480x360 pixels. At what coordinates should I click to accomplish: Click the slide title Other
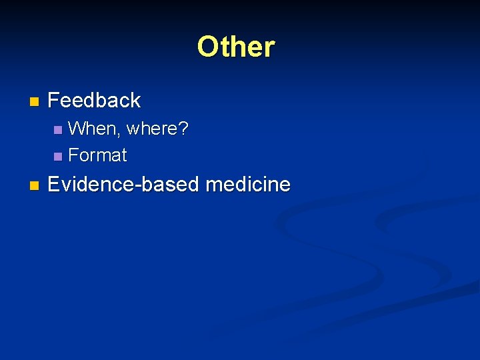236,47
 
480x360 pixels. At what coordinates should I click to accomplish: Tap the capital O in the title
207,47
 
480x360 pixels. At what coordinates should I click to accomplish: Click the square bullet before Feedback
34,102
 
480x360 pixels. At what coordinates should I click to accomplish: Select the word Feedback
94,101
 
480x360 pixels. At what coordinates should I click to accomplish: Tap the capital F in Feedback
54,101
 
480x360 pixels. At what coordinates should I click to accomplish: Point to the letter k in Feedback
134,101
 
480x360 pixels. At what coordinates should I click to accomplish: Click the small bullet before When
58,129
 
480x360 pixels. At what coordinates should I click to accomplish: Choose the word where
152,128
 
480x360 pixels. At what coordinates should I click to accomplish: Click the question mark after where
183,128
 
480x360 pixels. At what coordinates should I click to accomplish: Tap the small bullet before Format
58,157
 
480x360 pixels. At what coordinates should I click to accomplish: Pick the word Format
97,155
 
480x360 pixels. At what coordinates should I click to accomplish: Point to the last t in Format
123,156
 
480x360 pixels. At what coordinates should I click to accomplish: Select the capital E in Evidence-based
54,184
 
